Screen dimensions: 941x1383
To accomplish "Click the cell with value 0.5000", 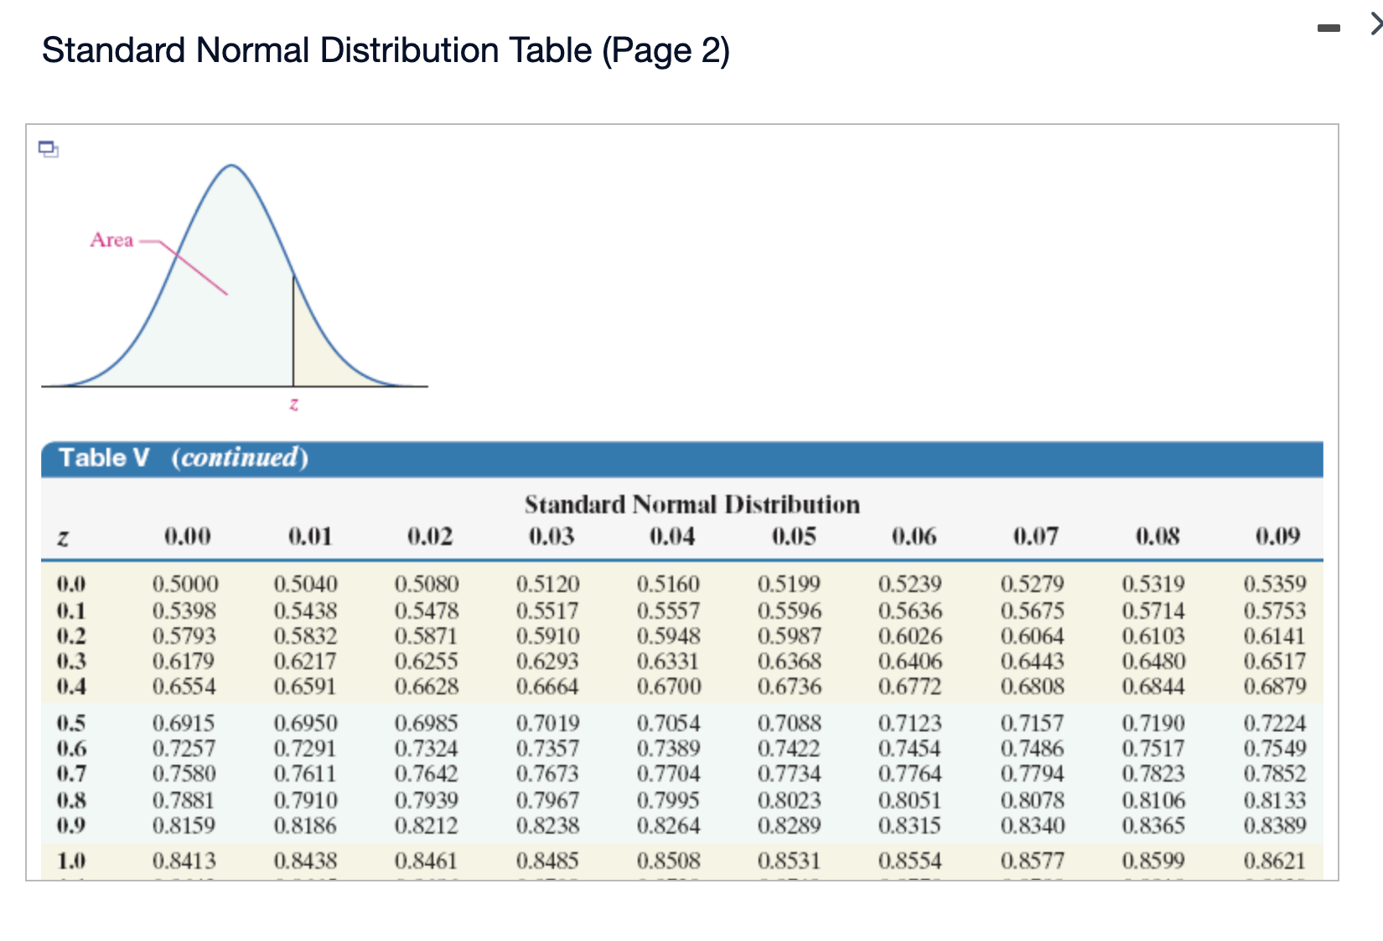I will pos(185,584).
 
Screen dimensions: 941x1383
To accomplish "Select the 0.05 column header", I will pos(794,536).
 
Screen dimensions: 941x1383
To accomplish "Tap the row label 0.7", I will pos(71,773).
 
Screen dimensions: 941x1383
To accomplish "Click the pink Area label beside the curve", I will pos(111,240).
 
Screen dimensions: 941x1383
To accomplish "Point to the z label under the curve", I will pos(293,403).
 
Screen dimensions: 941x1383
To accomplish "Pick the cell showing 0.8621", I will pos(1274,860).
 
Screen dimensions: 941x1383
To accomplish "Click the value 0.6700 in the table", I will pos(669,686).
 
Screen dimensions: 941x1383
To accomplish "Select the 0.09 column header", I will pos(1277,536).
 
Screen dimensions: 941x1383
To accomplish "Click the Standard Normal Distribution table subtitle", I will pos(692,504).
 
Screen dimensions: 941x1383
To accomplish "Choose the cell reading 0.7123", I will pos(910,723).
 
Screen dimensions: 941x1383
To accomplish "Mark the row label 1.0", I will pos(71,860).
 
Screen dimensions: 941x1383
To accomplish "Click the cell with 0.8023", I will pos(790,799).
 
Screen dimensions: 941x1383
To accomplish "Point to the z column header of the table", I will pos(62,538).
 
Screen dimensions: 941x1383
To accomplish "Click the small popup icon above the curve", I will pos(49,149).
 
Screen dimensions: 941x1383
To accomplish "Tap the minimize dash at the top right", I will pos(1329,29).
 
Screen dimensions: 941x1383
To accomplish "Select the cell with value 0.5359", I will pos(1274,584).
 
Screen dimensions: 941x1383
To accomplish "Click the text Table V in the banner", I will pos(104,458).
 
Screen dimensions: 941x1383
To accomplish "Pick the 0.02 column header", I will pos(430,536).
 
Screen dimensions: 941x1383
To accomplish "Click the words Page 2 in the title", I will pos(666,51).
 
